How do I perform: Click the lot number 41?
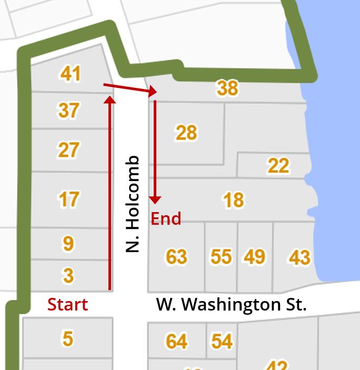71,74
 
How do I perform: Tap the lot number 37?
69,111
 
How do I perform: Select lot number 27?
68,150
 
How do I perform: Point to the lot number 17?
69,199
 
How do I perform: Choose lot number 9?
68,244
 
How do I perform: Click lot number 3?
68,275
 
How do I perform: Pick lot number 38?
228,88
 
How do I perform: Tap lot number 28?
186,133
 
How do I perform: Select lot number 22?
278,166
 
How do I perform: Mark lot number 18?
233,200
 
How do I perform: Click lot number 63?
176,257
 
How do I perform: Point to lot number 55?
221,257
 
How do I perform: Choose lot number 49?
255,257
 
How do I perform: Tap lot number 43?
299,258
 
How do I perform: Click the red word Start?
67,304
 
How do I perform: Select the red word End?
166,218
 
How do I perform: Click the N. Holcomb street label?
133,204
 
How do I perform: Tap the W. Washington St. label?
231,305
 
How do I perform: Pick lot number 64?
176,341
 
